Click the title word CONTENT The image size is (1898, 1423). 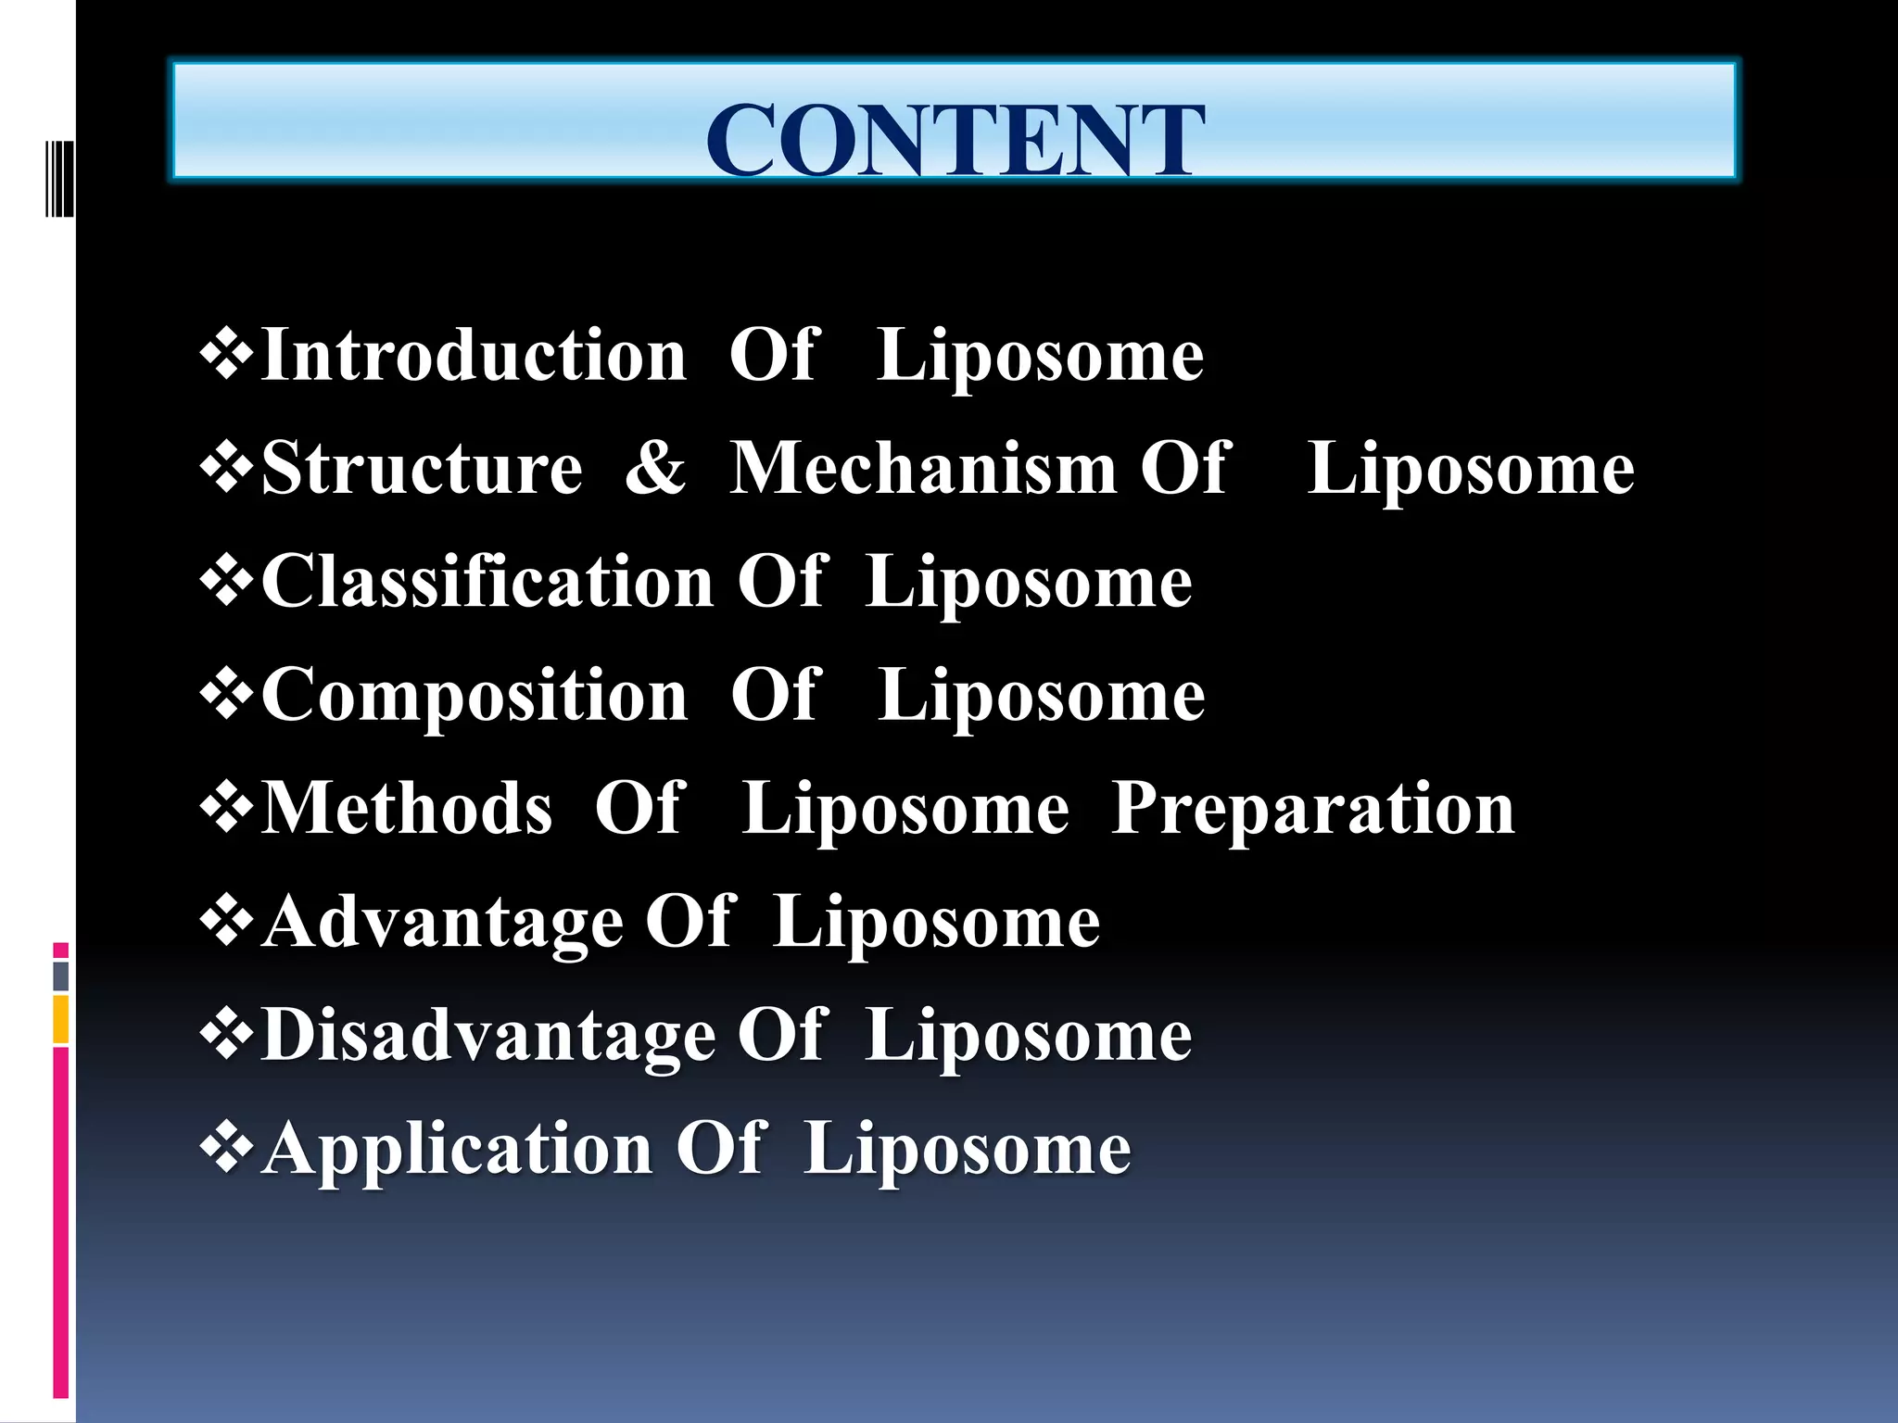955,141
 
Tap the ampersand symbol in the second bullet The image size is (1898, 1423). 655,468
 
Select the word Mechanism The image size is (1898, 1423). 923,468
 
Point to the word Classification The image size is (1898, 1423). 487,582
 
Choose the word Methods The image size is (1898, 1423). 407,809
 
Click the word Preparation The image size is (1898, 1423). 1312,809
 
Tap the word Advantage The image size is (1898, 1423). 442,922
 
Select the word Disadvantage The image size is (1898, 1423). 488,1035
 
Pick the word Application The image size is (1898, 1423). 457,1149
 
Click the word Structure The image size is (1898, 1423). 422,468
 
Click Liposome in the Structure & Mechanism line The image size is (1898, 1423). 1470,468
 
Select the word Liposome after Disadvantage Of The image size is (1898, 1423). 1029,1035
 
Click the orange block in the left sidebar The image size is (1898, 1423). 61,1019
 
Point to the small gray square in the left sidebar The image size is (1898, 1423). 61,976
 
